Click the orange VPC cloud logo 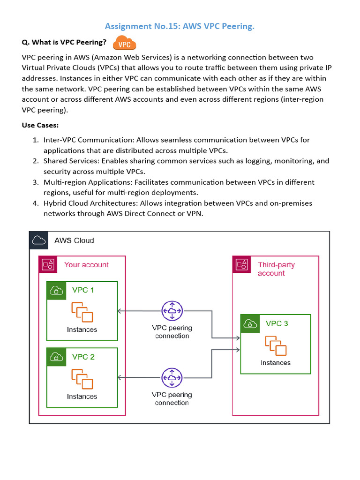click(124, 43)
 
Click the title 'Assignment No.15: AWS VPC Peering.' click(180, 26)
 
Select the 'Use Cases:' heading click(40, 125)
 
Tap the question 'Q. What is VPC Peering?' click(64, 42)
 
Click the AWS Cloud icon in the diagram click(39, 240)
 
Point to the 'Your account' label click(86, 265)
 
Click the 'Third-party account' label click(276, 269)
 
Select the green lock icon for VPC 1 click(56, 290)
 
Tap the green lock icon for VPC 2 click(56, 357)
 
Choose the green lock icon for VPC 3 click(250, 323)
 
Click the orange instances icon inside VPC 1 click(82, 312)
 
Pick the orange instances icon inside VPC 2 click(82, 379)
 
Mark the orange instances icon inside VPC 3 click(276, 346)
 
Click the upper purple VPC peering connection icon click(172, 311)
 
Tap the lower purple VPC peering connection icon click(172, 378)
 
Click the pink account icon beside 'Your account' click(47, 265)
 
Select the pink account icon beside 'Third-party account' click(241, 265)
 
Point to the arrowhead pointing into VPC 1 click(120, 311)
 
